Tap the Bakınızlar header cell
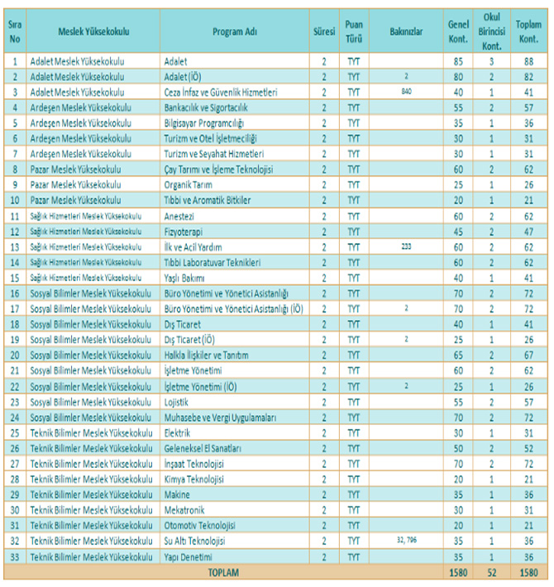(406, 31)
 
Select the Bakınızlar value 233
(406, 246)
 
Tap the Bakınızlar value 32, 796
(406, 541)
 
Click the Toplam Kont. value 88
(528, 60)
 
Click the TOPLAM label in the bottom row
(223, 572)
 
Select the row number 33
(14, 557)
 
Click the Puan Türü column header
(354, 31)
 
